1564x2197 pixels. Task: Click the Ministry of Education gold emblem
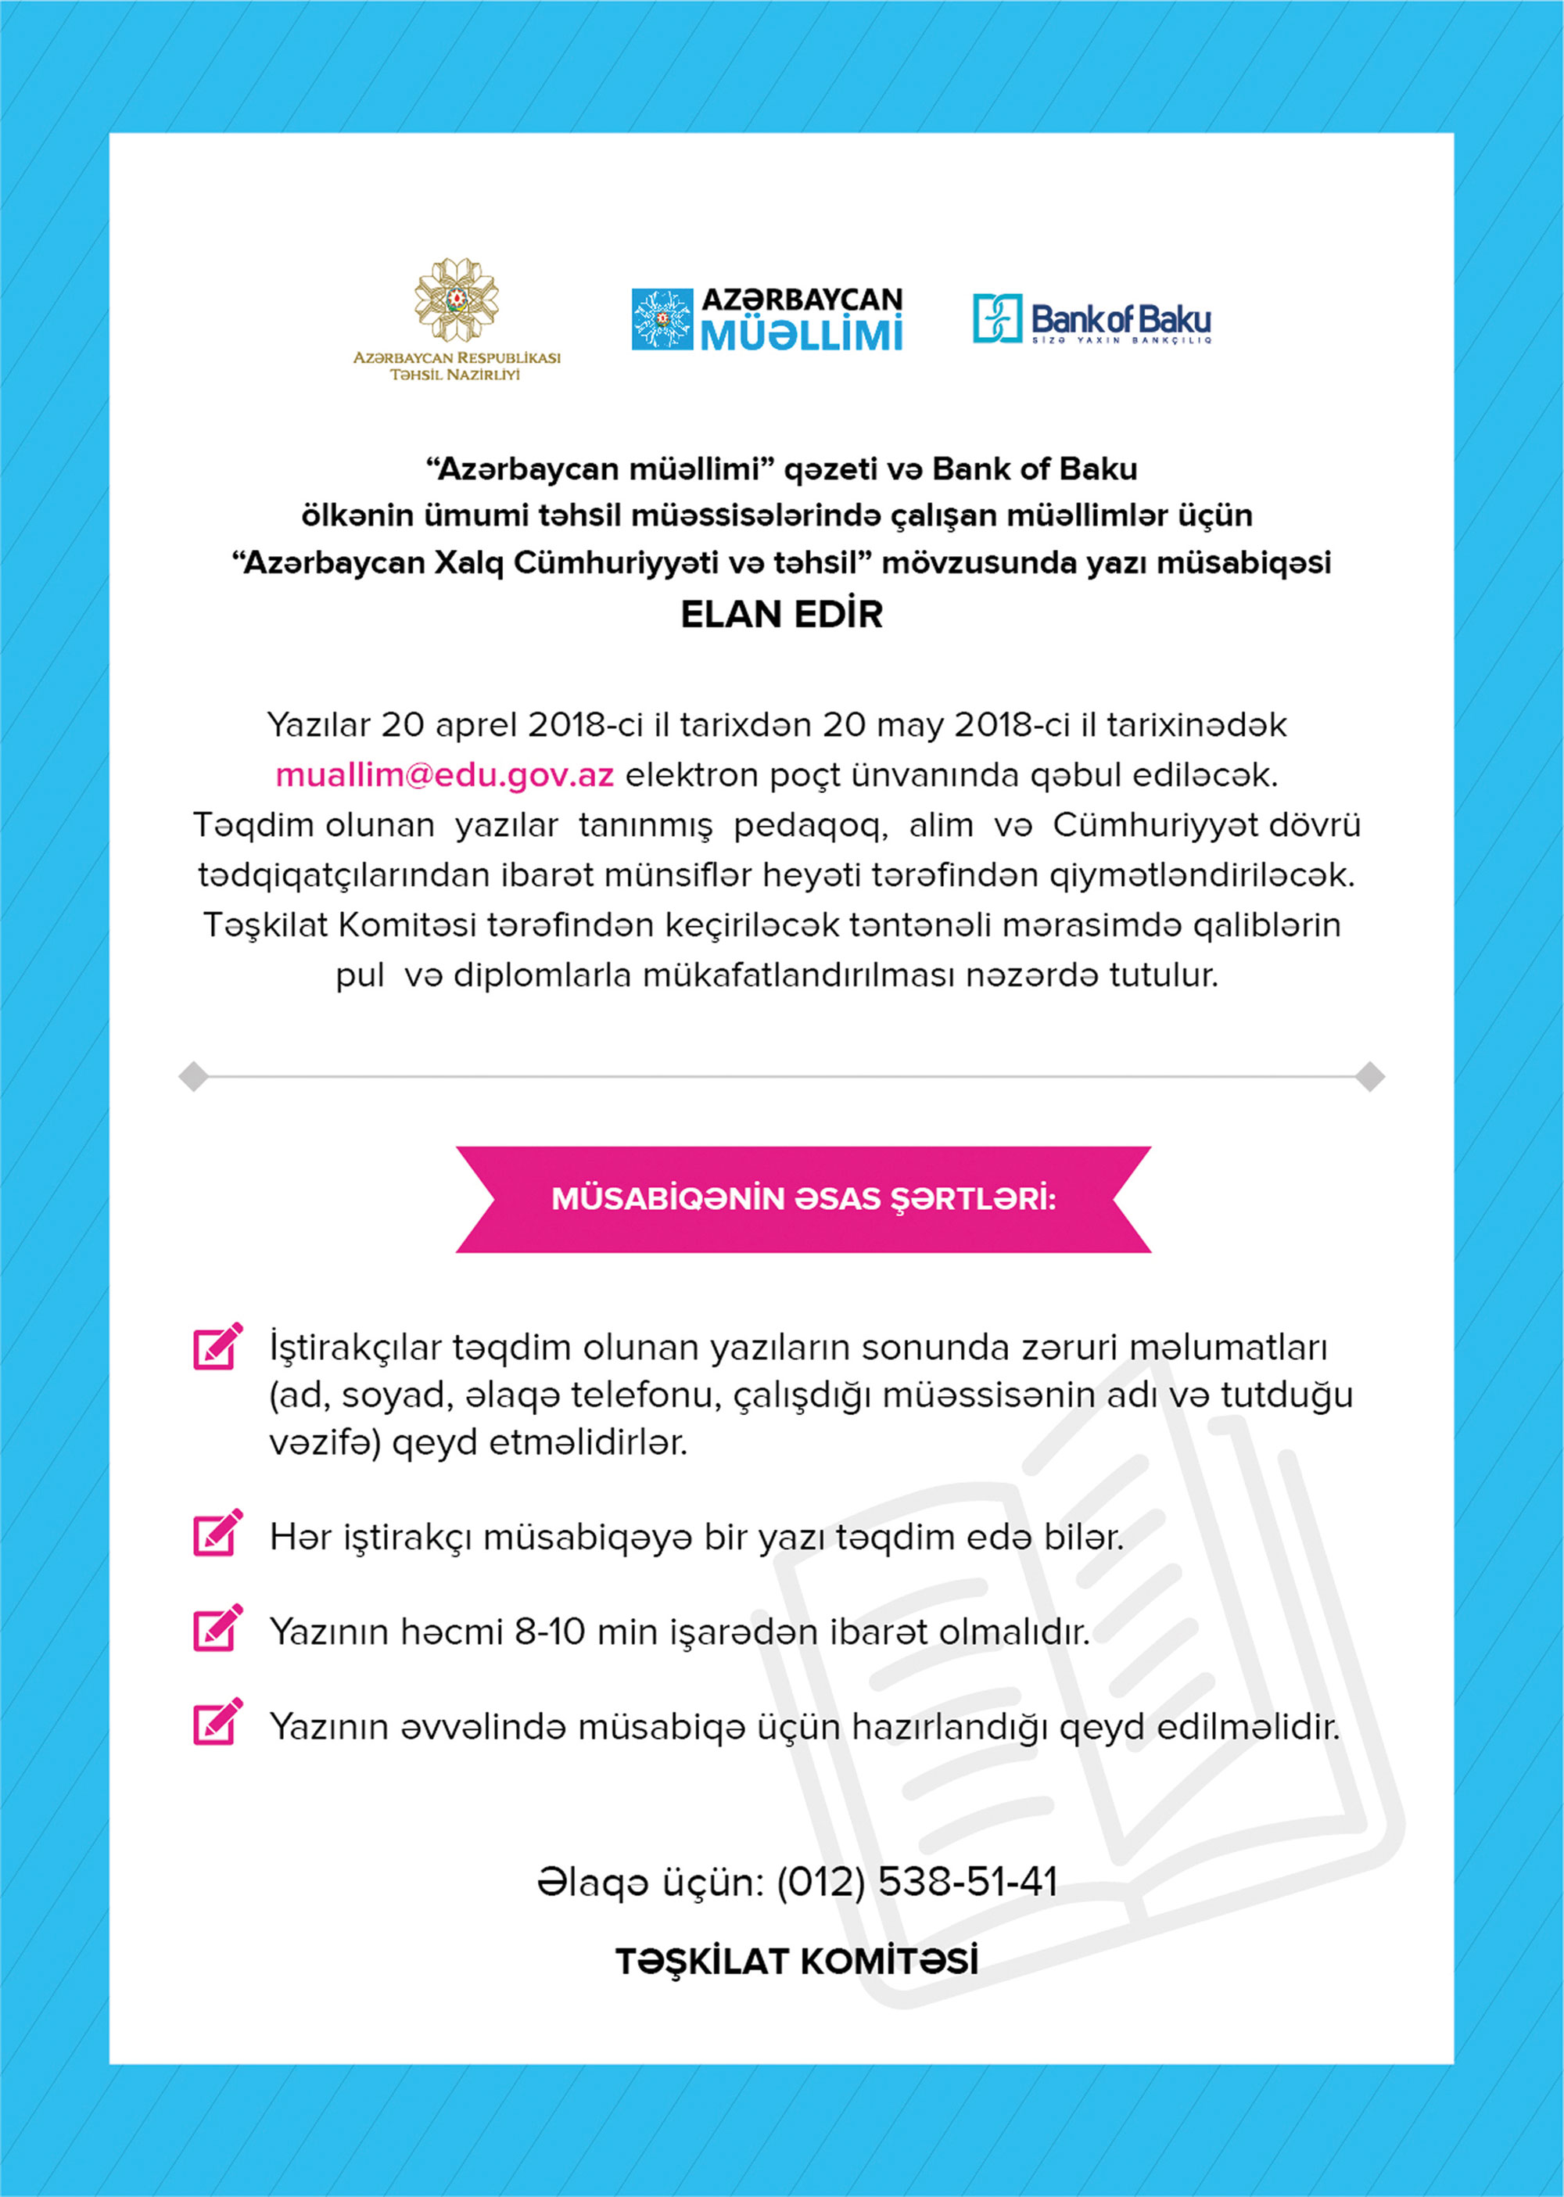(457, 300)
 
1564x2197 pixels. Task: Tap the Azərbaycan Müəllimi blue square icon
(662, 319)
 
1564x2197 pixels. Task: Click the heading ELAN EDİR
(781, 615)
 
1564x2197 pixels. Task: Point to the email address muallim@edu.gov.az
(444, 774)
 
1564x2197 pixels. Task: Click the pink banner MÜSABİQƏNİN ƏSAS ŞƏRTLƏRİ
(803, 1199)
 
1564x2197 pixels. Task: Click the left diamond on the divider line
(194, 1076)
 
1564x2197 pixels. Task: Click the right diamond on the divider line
(1369, 1076)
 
